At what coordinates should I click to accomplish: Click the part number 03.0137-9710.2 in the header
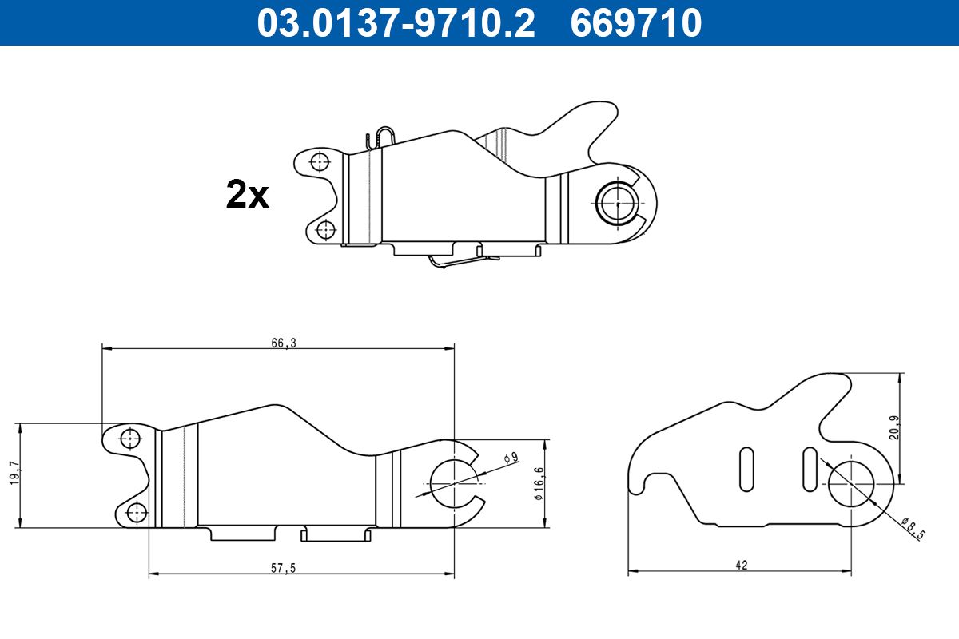point(396,23)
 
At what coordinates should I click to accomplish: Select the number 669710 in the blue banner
point(636,23)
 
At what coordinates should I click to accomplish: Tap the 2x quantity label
point(248,195)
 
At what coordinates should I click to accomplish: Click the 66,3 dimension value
point(284,343)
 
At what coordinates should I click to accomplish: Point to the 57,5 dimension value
point(284,568)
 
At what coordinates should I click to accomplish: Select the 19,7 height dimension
point(15,473)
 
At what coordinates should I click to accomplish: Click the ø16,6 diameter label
point(539,483)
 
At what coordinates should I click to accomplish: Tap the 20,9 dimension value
point(894,427)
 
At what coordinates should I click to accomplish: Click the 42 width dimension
point(742,565)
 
